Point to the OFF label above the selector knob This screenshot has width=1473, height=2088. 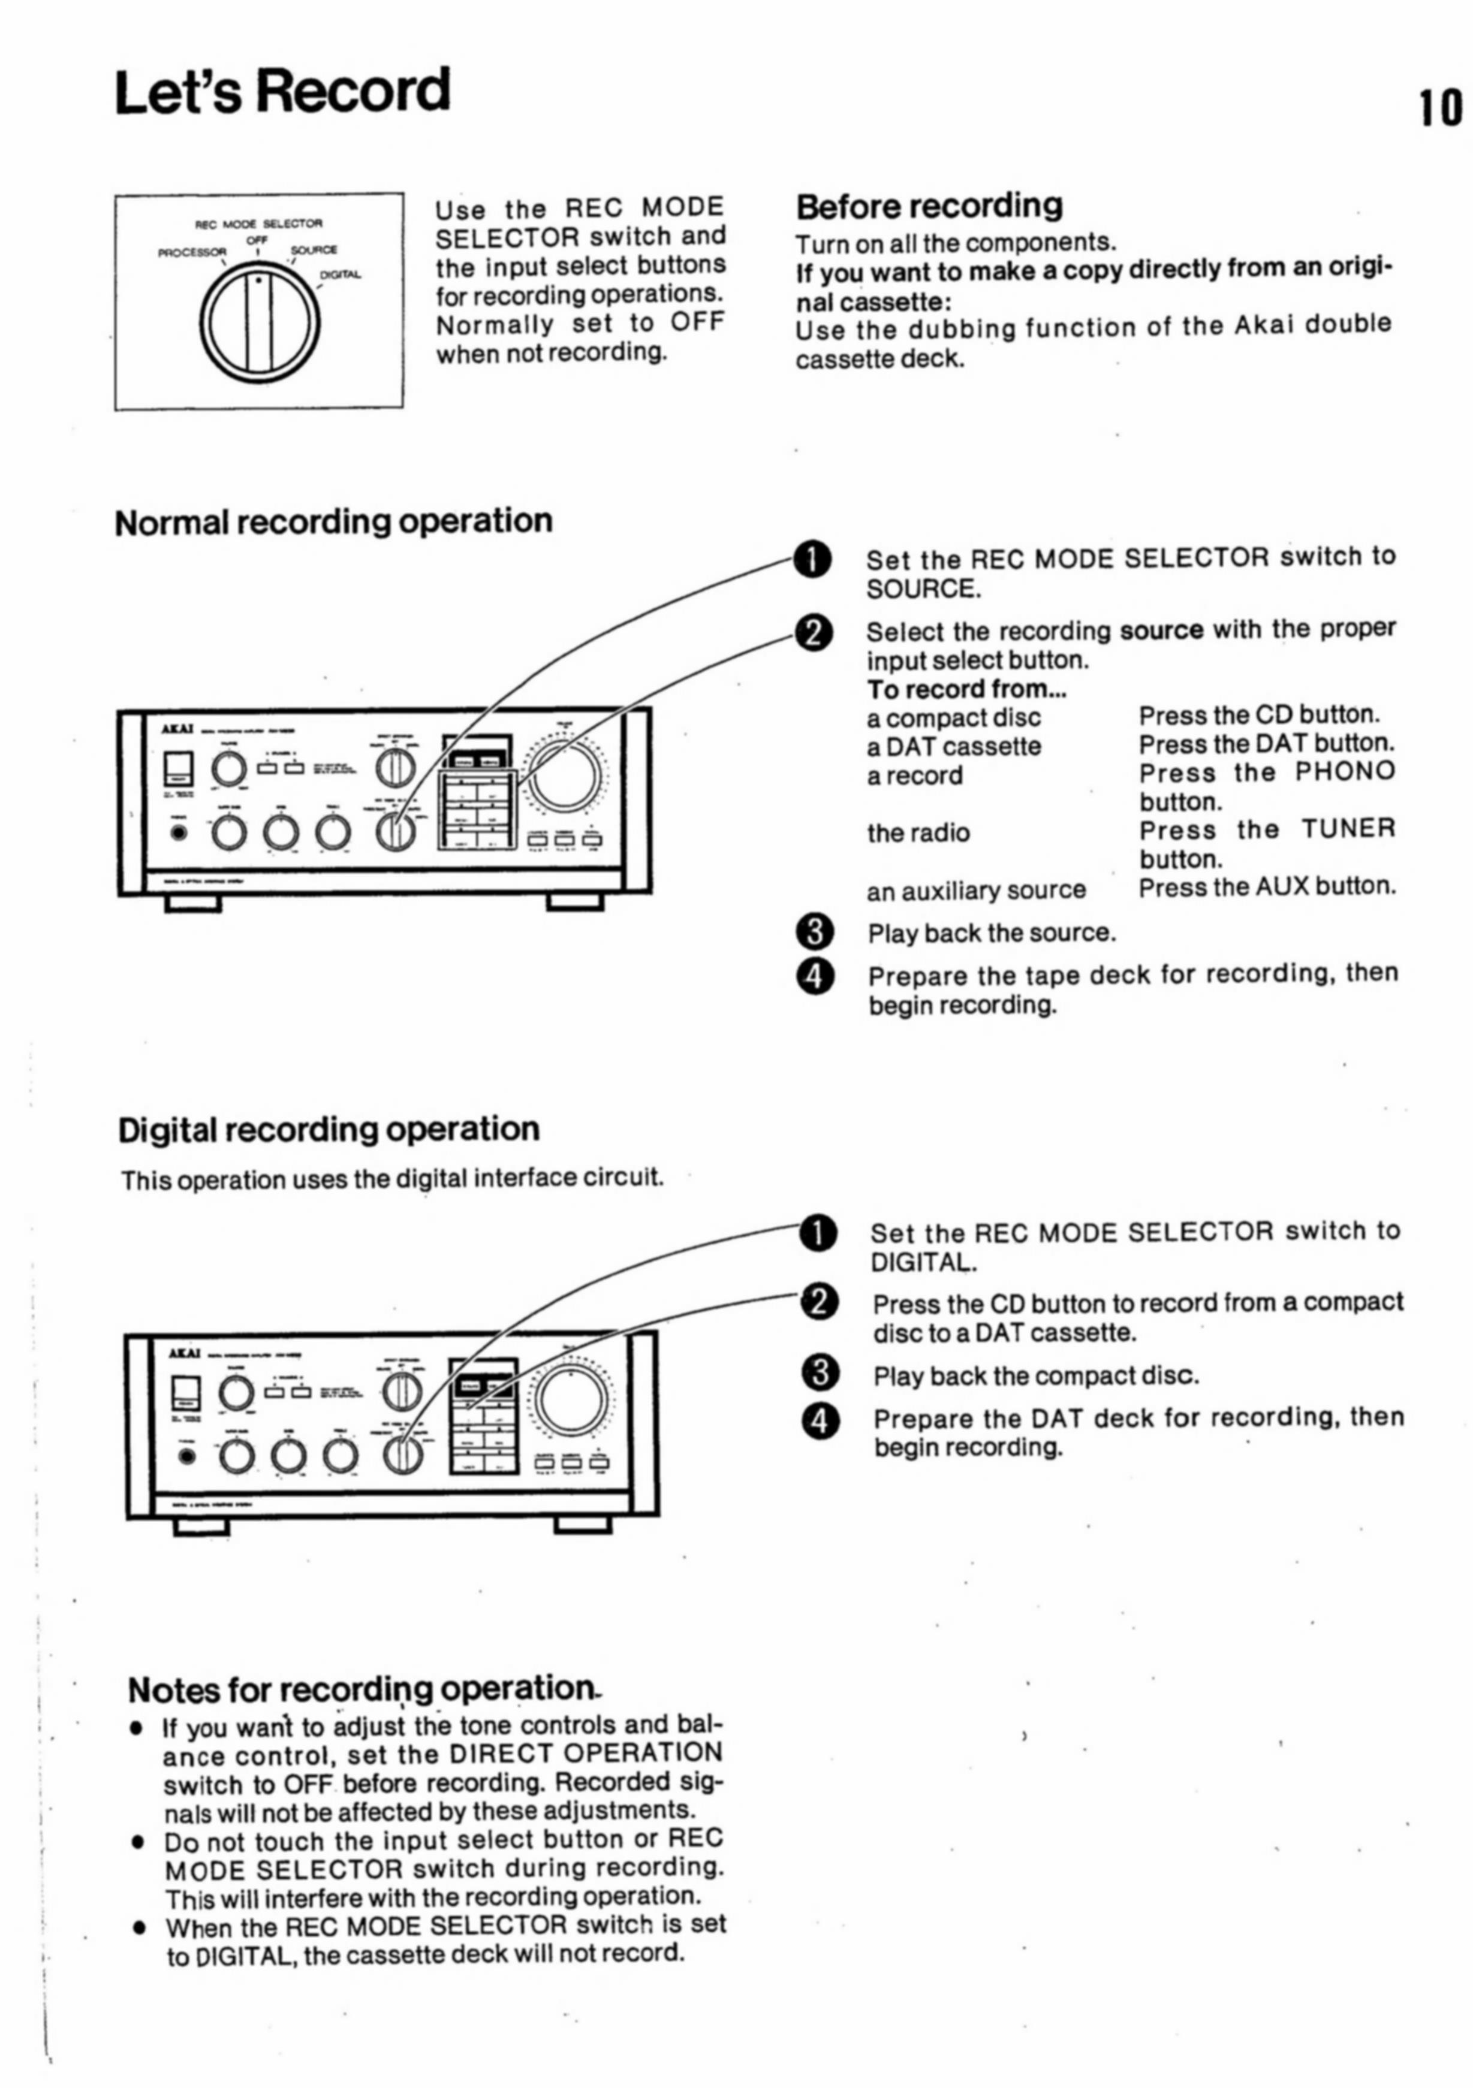[x=257, y=239]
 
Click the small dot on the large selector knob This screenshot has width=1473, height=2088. [x=260, y=281]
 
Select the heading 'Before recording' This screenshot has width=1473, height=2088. [x=929, y=206]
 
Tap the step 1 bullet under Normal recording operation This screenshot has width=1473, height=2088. [x=812, y=559]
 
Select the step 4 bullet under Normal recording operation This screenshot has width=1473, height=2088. [x=815, y=976]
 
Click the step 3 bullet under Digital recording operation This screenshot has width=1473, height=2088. [x=820, y=1373]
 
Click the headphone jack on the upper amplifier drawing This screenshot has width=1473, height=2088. [x=179, y=831]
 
